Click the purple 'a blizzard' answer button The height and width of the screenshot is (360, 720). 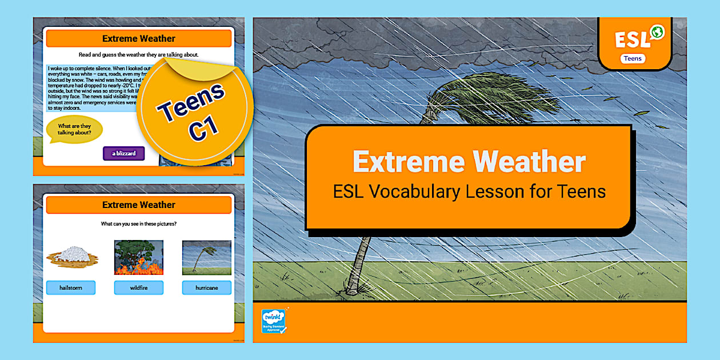click(123, 153)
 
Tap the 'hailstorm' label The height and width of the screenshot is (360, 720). click(71, 288)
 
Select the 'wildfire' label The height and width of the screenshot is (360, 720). click(139, 288)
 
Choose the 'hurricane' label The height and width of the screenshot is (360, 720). click(207, 288)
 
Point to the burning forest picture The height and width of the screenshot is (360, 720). click(139, 257)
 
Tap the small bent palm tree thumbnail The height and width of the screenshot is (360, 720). click(207, 257)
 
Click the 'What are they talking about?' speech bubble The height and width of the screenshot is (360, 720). click(74, 130)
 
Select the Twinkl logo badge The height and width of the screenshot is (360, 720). click(274, 321)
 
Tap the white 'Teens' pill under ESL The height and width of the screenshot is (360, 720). click(633, 58)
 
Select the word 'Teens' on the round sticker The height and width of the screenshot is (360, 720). click(191, 103)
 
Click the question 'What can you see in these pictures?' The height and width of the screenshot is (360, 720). click(139, 223)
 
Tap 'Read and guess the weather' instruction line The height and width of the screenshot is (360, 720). click(139, 55)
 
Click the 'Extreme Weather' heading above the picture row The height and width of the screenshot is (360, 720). click(139, 205)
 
